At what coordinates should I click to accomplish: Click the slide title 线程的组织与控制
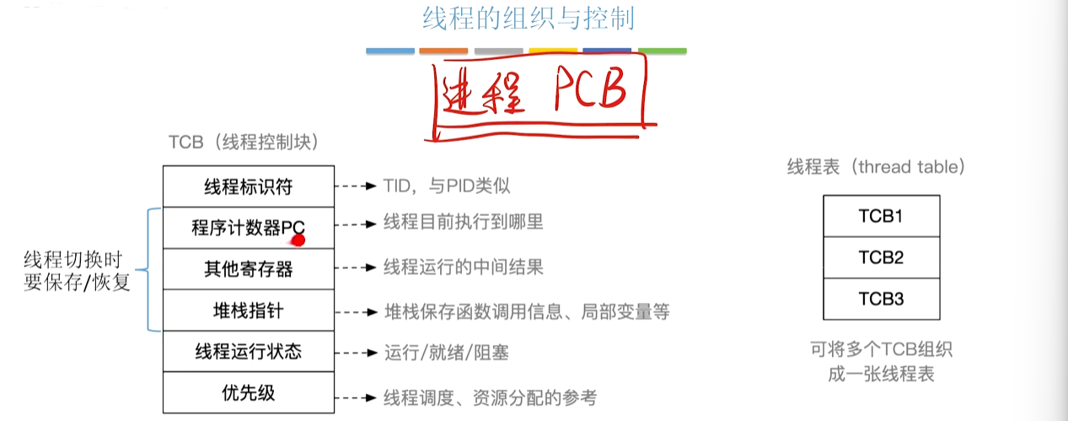528,19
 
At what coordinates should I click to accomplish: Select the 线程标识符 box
249,186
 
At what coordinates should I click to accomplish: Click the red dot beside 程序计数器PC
298,241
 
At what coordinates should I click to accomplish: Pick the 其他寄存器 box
249,269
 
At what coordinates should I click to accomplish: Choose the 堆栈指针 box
249,310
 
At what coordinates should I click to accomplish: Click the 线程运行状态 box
249,352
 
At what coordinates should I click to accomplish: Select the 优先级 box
249,392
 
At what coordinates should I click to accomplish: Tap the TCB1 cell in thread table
881,216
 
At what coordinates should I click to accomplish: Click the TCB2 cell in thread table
881,257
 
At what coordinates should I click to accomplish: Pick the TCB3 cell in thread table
881,299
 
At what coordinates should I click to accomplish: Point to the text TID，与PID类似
447,186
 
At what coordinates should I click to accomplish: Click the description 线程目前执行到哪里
464,223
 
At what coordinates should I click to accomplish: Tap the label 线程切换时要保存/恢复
78,271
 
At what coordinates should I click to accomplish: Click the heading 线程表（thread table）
876,167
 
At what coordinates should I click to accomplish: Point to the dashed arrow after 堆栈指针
354,311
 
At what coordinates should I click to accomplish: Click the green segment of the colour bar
662,51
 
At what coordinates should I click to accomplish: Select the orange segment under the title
443,51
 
